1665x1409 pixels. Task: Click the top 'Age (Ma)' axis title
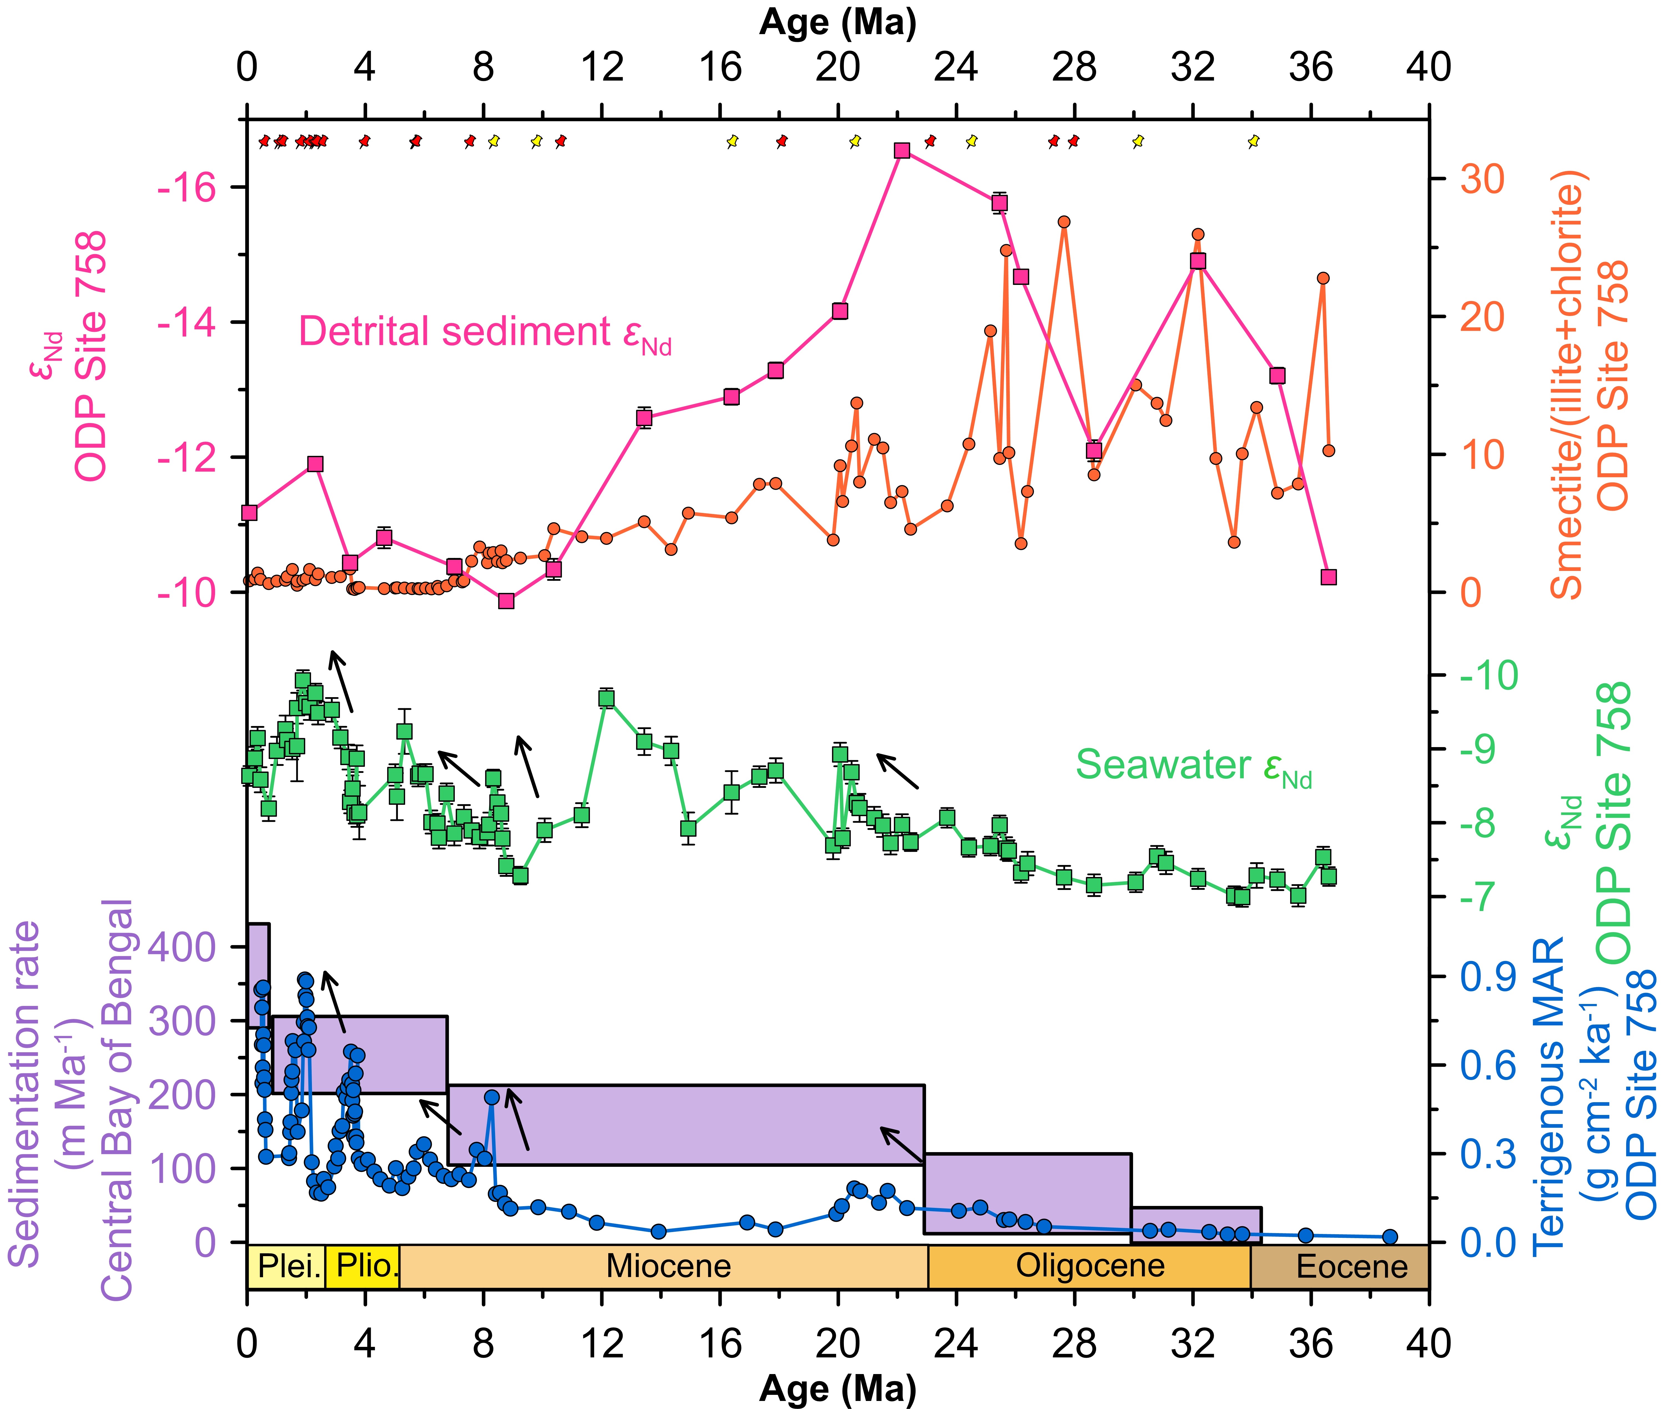pyautogui.click(x=837, y=22)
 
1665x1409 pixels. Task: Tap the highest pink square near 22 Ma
pyautogui.click(x=902, y=151)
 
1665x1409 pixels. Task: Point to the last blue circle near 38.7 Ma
pyautogui.click(x=1390, y=1236)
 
